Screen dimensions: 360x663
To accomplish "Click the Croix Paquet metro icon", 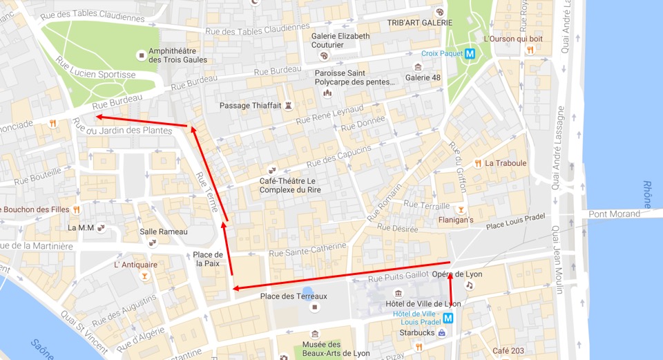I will click(470, 53).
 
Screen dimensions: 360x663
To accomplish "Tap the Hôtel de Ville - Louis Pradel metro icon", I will click(448, 319).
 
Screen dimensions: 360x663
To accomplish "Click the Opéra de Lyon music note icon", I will click(470, 285).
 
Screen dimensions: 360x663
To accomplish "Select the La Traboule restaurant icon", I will click(477, 164).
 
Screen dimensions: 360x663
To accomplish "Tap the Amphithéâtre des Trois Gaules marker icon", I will click(142, 54).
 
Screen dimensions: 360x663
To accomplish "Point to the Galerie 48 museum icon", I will click(418, 67).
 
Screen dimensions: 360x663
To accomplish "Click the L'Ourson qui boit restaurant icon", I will click(530, 50).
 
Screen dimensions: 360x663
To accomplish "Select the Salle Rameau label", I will click(164, 231).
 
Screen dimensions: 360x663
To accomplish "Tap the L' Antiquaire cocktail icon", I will click(144, 276).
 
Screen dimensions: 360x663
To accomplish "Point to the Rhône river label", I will click(646, 194).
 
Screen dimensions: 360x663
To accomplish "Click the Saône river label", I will click(41, 348).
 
